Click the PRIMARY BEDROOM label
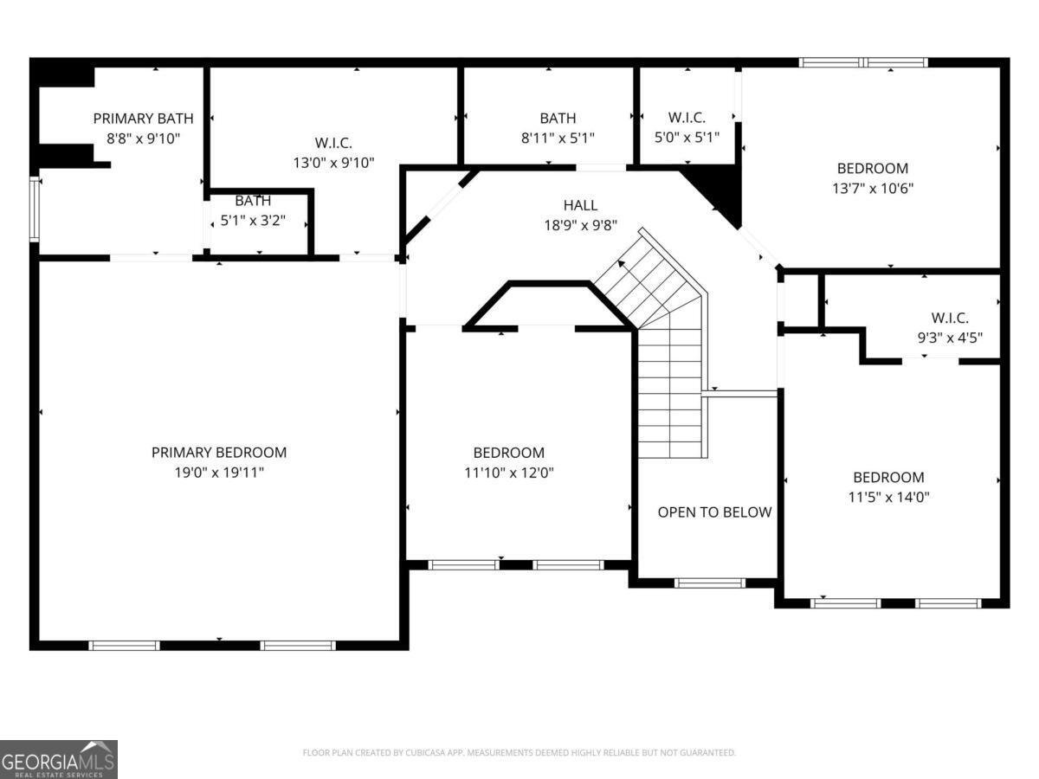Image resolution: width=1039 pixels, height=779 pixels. coord(218,452)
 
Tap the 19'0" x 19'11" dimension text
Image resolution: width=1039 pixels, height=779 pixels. coord(218,473)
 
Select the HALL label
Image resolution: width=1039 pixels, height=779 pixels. coord(580,205)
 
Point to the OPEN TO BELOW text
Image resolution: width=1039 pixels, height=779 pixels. coord(714,512)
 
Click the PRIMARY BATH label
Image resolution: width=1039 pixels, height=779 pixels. coord(143,119)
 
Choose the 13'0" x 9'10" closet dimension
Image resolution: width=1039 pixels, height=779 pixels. coord(333,162)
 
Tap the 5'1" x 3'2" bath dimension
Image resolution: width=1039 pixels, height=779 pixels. coord(253,221)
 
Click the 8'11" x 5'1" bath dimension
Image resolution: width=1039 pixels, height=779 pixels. coord(558,138)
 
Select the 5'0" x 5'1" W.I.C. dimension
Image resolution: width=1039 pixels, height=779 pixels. coord(687,137)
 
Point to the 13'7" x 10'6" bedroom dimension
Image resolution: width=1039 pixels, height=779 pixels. coord(872,187)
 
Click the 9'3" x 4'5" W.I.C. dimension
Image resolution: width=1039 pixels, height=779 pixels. coord(950,338)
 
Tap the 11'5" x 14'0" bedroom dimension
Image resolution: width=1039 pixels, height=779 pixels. coord(888,497)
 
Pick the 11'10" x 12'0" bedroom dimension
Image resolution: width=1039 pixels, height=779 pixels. coord(508,473)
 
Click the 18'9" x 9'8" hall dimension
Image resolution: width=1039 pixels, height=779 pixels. coord(580,225)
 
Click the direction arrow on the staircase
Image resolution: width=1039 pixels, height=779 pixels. coord(623,264)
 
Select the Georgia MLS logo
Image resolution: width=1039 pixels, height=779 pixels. coord(58,759)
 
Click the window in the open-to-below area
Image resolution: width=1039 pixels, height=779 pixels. coord(709,583)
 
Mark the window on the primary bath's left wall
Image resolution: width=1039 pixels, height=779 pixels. coord(35,209)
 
